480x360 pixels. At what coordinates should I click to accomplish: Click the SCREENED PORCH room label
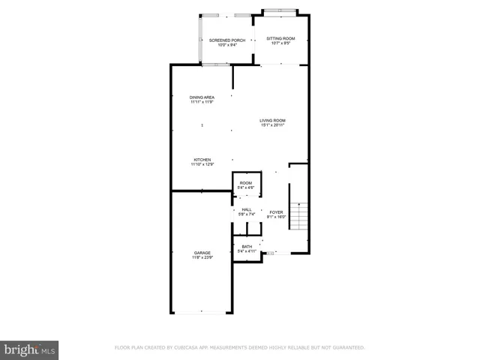[227, 40]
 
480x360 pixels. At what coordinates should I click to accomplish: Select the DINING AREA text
[202, 97]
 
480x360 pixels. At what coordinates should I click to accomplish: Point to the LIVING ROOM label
[272, 120]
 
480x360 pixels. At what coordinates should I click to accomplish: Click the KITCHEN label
[202, 160]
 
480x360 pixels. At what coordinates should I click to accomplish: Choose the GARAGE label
[202, 253]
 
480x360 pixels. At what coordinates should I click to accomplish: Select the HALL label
[247, 209]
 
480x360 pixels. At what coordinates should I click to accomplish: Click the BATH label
[246, 247]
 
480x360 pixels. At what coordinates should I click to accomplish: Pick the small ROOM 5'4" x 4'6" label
[246, 183]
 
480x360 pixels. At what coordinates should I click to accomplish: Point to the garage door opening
[201, 313]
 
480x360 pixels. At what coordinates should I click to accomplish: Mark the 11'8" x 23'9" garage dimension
[202, 258]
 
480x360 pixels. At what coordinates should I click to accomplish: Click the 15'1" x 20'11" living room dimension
[272, 124]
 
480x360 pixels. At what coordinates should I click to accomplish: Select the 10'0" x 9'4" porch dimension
[227, 45]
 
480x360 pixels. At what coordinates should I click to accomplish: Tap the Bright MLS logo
[29, 349]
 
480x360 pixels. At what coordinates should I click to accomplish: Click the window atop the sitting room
[282, 10]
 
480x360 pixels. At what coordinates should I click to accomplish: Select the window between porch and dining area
[216, 65]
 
